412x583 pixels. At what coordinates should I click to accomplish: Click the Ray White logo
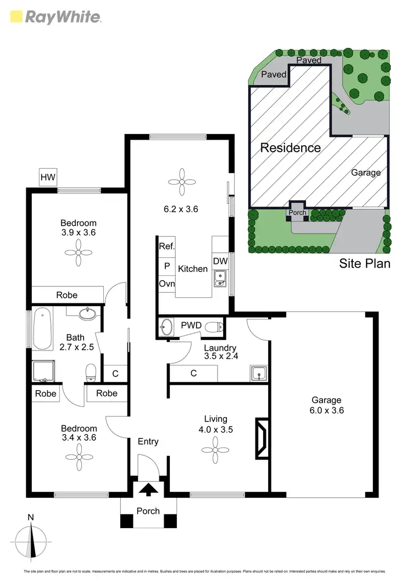[55, 16]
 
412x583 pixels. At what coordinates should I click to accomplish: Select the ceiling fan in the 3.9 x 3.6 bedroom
[79, 253]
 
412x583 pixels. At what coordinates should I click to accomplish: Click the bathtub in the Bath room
[42, 330]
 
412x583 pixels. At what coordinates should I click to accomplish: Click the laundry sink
[258, 374]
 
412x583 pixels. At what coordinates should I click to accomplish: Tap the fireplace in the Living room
[261, 438]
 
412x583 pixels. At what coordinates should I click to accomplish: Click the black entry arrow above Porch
[149, 489]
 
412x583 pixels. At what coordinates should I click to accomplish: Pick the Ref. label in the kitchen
[166, 247]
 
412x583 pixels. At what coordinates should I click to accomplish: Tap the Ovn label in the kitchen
[166, 284]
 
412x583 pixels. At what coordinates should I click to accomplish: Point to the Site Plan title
[364, 264]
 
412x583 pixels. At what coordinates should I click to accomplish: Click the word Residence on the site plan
[290, 148]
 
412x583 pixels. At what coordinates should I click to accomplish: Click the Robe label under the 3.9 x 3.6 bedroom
[67, 295]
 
